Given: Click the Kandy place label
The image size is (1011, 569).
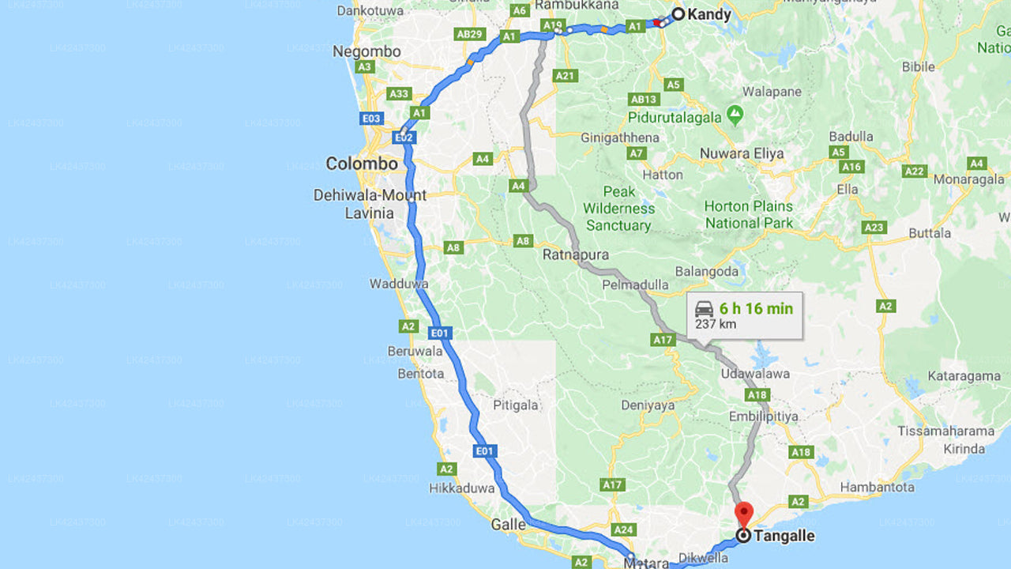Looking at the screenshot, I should [x=708, y=14].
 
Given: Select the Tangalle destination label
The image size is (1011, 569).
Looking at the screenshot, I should [x=784, y=536].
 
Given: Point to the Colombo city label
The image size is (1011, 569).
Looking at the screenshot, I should [x=362, y=164].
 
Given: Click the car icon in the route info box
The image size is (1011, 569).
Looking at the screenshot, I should [x=705, y=308].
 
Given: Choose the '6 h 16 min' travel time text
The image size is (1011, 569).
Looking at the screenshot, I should [x=756, y=308].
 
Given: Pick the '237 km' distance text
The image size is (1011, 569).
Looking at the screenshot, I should [x=716, y=324].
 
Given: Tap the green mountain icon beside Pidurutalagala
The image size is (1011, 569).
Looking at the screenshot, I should [x=735, y=116].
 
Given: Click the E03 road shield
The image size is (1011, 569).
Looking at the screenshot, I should [x=371, y=119].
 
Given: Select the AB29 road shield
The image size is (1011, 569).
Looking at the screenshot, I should [x=469, y=34].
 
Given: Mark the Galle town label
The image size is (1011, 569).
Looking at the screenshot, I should [x=508, y=524].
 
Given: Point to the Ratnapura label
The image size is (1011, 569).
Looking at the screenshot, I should [x=576, y=255].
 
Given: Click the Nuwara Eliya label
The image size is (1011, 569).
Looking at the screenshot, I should [x=742, y=153].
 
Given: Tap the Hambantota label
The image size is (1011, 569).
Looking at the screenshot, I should [x=877, y=487].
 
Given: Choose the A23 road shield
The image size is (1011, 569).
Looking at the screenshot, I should [x=874, y=228].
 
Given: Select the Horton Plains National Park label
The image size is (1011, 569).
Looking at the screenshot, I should [x=749, y=214].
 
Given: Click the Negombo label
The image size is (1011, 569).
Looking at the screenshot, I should [x=366, y=51].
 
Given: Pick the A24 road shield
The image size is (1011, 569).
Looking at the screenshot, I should [x=624, y=529].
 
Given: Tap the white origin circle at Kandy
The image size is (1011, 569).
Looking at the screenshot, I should [x=678, y=13].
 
